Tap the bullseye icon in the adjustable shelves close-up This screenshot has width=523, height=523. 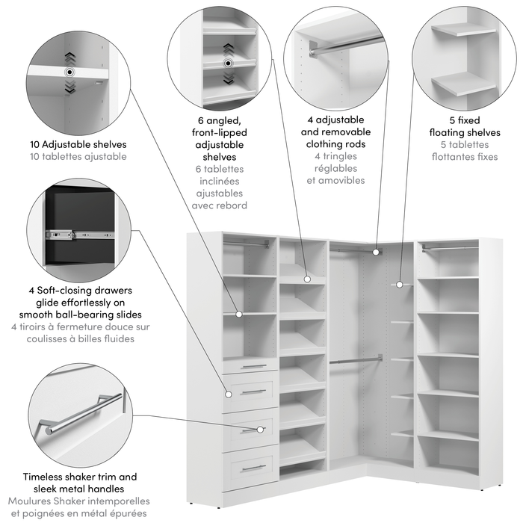point(69,72)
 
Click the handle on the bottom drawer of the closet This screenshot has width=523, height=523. point(254,468)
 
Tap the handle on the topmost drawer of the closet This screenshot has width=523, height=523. point(254,366)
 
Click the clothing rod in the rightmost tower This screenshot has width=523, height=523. point(448,247)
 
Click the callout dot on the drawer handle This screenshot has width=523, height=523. point(261,430)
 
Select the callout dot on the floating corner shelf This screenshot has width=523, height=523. point(399,284)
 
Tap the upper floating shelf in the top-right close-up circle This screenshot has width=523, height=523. point(463,32)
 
